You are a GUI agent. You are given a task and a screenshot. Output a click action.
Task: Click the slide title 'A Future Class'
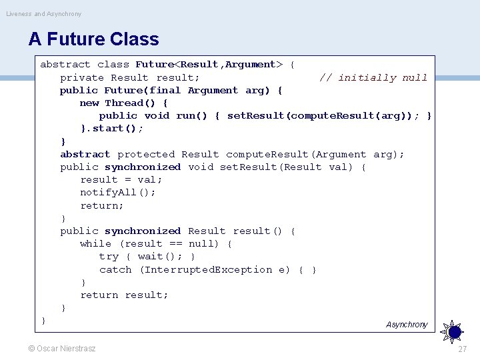tap(93, 39)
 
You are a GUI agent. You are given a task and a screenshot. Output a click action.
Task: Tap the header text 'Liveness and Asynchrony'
tap(44, 13)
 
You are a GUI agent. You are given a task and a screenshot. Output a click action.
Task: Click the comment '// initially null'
tap(373, 77)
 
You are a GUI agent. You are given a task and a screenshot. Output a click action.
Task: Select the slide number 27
tap(463, 349)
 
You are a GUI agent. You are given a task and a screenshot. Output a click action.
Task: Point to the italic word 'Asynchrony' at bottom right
tap(407, 325)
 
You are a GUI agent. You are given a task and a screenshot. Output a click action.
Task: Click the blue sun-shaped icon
tap(453, 330)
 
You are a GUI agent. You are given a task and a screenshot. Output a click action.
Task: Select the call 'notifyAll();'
tap(118, 193)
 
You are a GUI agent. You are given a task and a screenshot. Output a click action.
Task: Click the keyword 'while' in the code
tap(95, 244)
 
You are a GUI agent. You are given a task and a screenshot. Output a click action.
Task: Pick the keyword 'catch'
tap(115, 269)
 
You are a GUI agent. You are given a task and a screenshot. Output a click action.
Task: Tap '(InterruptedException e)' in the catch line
tap(215, 269)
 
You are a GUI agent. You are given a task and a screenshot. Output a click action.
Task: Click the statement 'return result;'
tap(124, 295)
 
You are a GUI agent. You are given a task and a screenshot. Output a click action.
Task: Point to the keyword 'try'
tap(109, 257)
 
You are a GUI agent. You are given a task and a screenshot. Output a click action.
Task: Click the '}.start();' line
tap(111, 129)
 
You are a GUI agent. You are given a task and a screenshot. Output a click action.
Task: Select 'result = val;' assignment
tap(121, 180)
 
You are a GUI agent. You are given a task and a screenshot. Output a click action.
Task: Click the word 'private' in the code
tap(82, 77)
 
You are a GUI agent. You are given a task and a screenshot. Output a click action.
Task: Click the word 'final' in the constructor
tap(165, 90)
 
